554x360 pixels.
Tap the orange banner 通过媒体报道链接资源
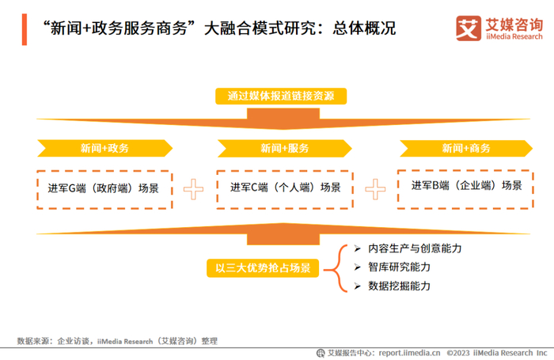pyautogui.click(x=281, y=97)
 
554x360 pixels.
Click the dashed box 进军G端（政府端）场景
pyautogui.click(x=104, y=189)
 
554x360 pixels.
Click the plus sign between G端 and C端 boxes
pyautogui.click(x=194, y=189)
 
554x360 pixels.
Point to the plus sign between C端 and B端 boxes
pyautogui.click(x=375, y=188)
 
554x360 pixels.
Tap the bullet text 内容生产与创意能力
pyautogui.click(x=415, y=248)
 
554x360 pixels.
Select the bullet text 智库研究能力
pyautogui.click(x=399, y=267)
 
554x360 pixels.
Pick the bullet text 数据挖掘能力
pyautogui.click(x=399, y=286)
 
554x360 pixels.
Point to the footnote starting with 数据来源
pyautogui.click(x=116, y=340)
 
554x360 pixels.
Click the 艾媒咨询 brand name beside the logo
pyautogui.click(x=513, y=22)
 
